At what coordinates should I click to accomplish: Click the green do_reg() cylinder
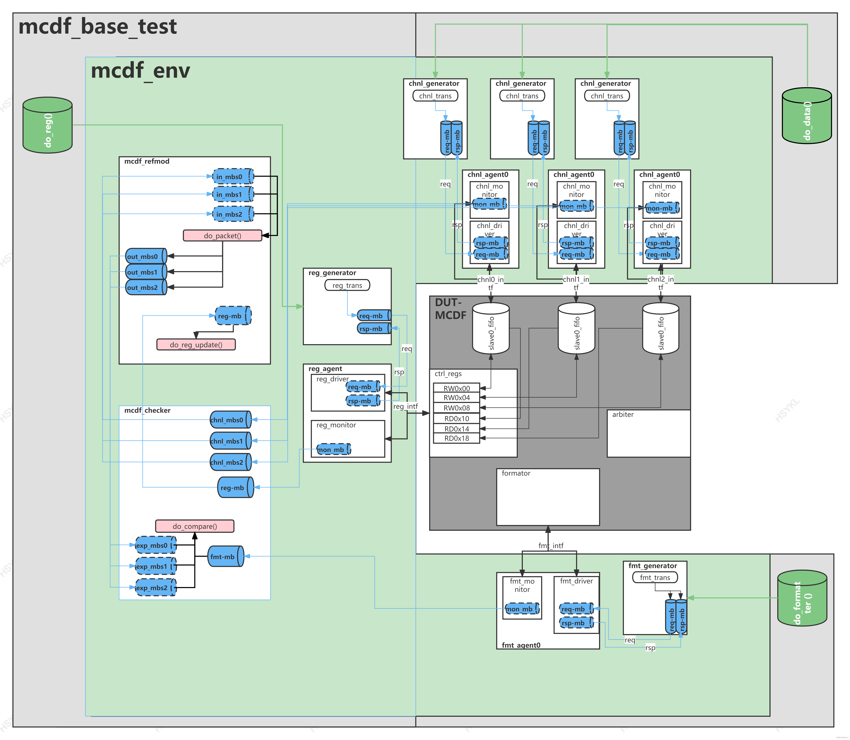coord(48,125)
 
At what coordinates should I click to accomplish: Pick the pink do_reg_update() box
coord(196,345)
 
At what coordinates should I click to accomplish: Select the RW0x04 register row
coord(456,398)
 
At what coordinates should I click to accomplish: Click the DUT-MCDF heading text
coord(450,309)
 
